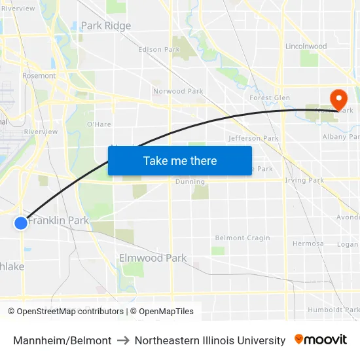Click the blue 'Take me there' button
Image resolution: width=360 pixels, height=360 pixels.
(x=180, y=160)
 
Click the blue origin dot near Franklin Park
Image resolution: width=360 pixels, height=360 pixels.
(x=21, y=223)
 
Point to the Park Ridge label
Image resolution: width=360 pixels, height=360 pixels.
(x=105, y=26)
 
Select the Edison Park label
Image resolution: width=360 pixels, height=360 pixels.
(x=159, y=49)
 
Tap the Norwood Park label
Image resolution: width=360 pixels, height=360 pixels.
(x=178, y=91)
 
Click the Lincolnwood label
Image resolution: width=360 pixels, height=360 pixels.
(x=306, y=46)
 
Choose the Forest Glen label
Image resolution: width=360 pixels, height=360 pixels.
(x=270, y=98)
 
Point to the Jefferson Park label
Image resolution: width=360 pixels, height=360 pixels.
(x=253, y=138)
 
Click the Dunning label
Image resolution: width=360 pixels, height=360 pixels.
(x=190, y=181)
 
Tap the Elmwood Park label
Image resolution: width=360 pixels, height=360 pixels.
(x=153, y=258)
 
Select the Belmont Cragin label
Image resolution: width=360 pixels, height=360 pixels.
(x=238, y=238)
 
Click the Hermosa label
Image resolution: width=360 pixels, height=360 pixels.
(x=308, y=243)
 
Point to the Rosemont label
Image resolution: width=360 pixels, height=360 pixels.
(x=39, y=75)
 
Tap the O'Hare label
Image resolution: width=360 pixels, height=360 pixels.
(x=99, y=124)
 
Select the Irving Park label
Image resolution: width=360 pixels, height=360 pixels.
(x=304, y=180)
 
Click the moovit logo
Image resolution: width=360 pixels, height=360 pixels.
(x=321, y=340)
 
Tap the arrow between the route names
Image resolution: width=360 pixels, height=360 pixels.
(x=123, y=340)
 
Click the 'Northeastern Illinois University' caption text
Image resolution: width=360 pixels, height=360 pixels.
(x=210, y=340)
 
